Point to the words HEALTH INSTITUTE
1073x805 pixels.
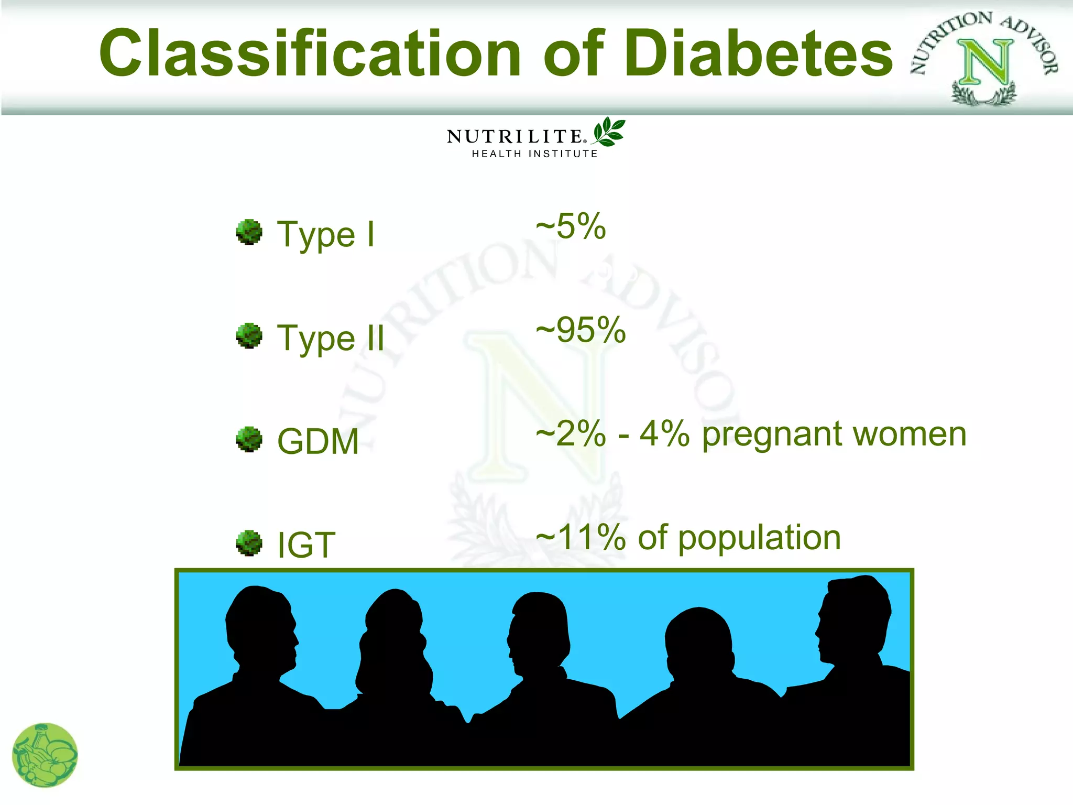tap(534, 154)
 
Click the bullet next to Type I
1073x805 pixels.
tap(249, 232)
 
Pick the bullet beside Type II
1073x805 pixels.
tap(249, 335)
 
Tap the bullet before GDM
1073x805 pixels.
tap(249, 439)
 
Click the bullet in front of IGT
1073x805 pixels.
tap(249, 542)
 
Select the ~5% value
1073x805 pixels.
tap(571, 226)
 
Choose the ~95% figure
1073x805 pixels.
tap(581, 330)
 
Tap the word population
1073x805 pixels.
tap(760, 539)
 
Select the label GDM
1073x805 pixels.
tap(317, 441)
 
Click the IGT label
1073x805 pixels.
tap(306, 545)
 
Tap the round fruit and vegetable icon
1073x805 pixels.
tap(45, 755)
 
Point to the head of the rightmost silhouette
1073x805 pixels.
tap(854, 618)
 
